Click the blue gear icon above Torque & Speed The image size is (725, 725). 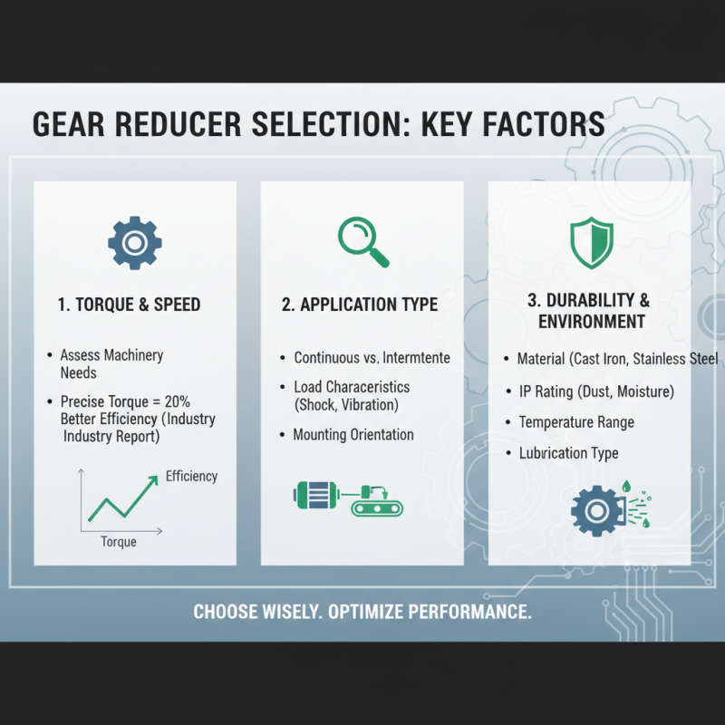[x=135, y=242]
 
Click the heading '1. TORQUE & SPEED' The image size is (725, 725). [x=129, y=305]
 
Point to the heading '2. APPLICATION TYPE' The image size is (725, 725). [x=362, y=305]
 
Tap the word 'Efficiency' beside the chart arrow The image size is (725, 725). [x=191, y=476]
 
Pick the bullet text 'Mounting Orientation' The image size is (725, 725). [x=353, y=435]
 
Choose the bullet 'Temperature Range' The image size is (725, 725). [x=576, y=422]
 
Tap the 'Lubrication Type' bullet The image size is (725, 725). [x=568, y=453]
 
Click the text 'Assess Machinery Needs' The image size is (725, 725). [x=111, y=363]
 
